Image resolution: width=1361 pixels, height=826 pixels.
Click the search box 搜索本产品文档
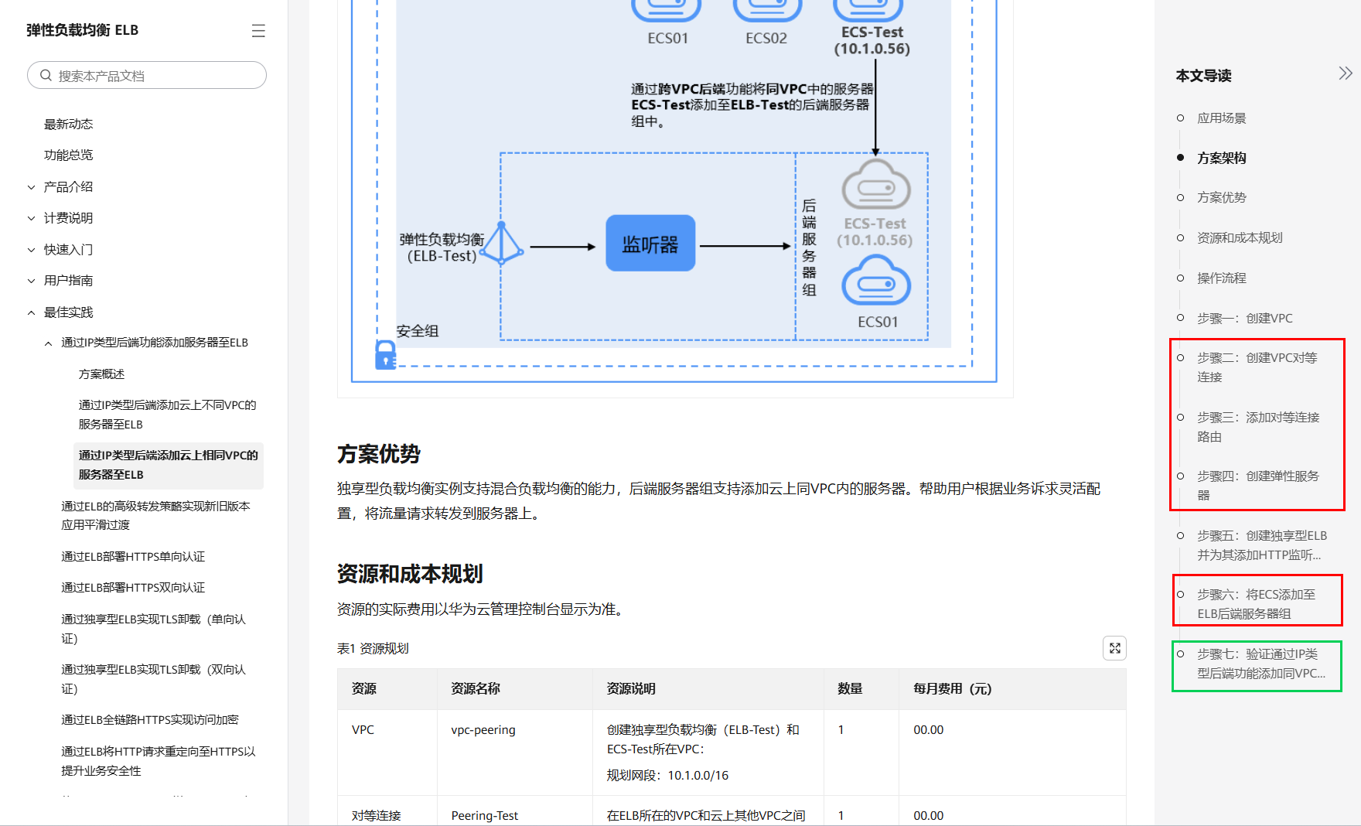[147, 76]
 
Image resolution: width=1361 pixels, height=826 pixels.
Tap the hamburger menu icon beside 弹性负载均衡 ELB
[258, 31]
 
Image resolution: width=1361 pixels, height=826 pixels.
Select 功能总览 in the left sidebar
[68, 155]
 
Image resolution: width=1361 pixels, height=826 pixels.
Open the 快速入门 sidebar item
[68, 250]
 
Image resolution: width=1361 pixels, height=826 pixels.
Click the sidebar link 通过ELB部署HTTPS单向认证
[133, 557]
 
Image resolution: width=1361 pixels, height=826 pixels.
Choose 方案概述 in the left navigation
[101, 374]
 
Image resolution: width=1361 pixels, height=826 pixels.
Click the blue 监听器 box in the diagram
[650, 244]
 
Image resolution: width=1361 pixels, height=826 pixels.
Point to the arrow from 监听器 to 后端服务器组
[745, 247]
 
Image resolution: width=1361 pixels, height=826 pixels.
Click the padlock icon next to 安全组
[385, 355]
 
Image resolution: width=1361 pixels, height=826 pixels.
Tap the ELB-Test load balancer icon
[502, 244]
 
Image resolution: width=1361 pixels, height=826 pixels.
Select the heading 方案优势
[379, 455]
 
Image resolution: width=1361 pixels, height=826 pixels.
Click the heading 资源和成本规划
[410, 575]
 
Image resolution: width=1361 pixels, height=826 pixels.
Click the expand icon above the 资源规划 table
[1114, 648]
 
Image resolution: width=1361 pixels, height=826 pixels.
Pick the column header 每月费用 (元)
[952, 689]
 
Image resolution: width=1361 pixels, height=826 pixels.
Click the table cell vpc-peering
[483, 730]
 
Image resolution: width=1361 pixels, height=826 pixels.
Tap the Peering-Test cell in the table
[485, 816]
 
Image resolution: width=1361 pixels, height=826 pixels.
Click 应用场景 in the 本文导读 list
[1222, 118]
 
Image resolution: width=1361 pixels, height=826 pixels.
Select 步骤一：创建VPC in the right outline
[1244, 319]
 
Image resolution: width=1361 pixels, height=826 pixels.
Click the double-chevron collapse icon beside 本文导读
[1346, 73]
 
